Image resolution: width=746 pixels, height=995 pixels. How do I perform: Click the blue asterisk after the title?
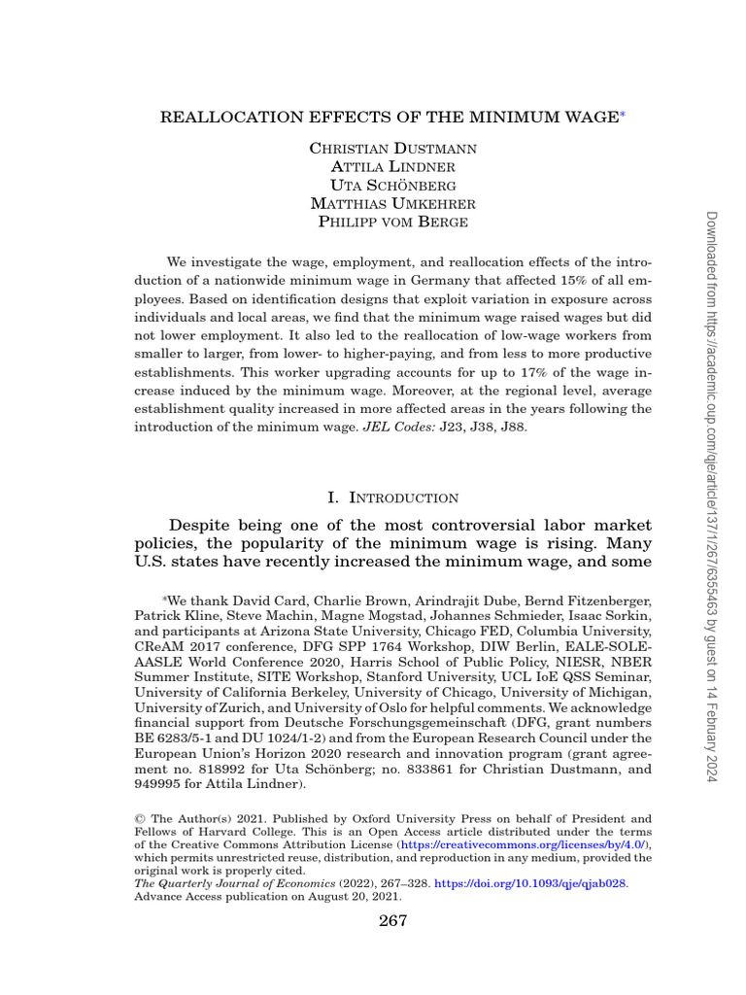(x=622, y=116)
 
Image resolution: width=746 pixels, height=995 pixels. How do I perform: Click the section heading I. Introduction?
(x=392, y=497)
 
